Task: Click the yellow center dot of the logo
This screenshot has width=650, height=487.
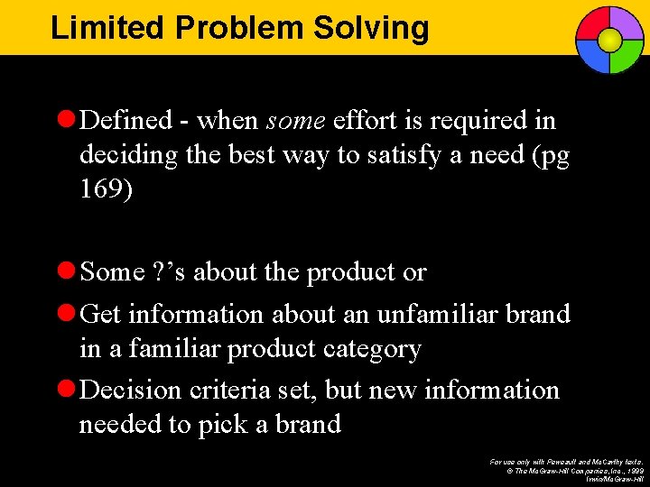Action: pos(610,40)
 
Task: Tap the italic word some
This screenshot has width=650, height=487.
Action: pos(297,121)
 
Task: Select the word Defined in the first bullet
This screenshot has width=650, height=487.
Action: pos(125,121)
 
